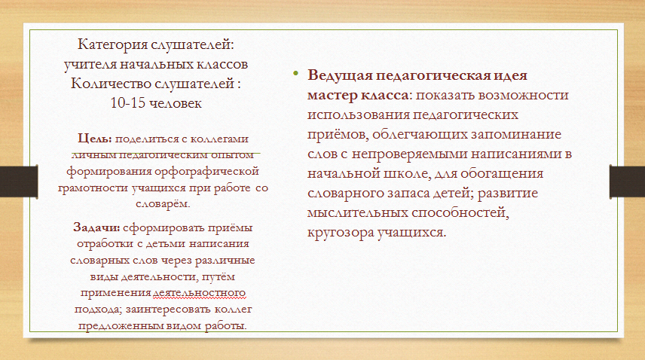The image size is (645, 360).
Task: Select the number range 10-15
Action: pyautogui.click(x=127, y=102)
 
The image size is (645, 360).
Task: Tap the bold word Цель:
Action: pyautogui.click(x=95, y=139)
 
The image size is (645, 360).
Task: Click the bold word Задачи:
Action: pyautogui.click(x=96, y=227)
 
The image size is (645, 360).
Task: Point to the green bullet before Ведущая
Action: pyautogui.click(x=295, y=74)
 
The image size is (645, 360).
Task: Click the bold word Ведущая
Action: pyautogui.click(x=340, y=75)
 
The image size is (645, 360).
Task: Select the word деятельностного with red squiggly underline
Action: pyautogui.click(x=199, y=293)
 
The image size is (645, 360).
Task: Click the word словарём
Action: pyautogui.click(x=163, y=204)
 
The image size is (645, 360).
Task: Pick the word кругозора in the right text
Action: pyautogui.click(x=341, y=233)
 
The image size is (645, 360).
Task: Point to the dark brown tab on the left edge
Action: pyautogui.click(x=19, y=182)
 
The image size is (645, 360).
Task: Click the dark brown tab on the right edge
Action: pyautogui.click(x=628, y=182)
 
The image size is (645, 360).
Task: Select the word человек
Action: pyautogui.click(x=176, y=103)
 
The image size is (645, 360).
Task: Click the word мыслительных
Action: pyautogui.click(x=357, y=213)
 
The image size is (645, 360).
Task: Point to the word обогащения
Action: pyautogui.click(x=502, y=173)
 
